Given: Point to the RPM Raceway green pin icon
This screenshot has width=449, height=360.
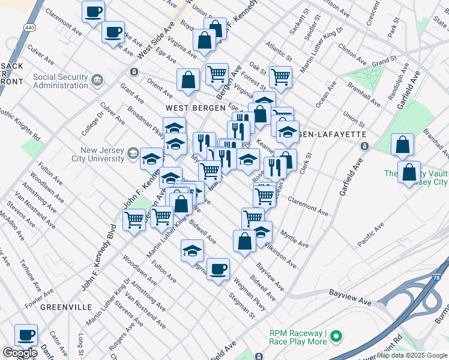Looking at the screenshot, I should [336, 337].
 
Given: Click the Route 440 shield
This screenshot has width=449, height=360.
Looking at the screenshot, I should [29, 28].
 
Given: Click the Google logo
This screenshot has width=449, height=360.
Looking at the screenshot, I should [20, 353].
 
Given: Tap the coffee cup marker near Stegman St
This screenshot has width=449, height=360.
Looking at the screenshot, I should [218, 269].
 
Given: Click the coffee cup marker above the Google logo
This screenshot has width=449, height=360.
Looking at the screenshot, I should [26, 335].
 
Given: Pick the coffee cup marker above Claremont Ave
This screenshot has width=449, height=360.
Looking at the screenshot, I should [93, 11].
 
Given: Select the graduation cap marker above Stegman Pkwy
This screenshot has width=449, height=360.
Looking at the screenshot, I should [192, 250].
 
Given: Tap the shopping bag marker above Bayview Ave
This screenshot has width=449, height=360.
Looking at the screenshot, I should [245, 241].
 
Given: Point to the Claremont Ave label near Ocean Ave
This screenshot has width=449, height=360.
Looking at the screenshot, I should [309, 208].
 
